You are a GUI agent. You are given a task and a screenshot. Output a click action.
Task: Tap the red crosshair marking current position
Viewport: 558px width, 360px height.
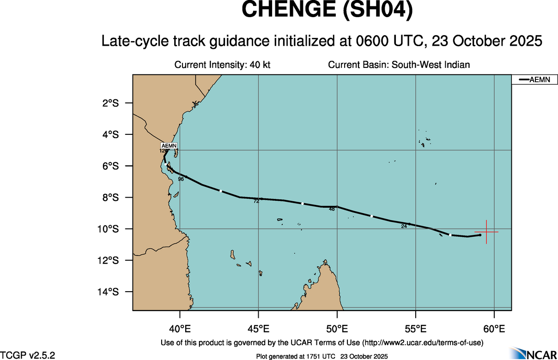click(486, 232)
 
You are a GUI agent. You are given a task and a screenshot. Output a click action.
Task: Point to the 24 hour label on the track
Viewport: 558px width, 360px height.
click(404, 226)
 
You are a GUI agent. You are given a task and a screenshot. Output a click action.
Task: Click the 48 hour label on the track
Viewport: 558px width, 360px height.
click(332, 210)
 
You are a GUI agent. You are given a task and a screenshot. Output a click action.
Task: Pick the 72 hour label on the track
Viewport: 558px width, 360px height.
click(256, 201)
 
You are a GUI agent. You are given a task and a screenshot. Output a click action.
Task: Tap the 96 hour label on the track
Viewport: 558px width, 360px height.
click(181, 179)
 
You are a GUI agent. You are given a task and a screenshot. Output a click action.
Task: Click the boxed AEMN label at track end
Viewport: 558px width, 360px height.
click(170, 146)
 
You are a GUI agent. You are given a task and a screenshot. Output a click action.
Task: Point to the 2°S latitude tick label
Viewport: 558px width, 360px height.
click(110, 103)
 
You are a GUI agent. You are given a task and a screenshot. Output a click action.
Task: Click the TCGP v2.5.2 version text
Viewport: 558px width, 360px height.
click(28, 355)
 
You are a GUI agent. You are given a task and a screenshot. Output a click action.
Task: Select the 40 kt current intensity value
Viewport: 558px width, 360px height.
click(260, 65)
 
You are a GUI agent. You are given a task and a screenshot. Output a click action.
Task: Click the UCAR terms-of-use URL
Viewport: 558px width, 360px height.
click(423, 342)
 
